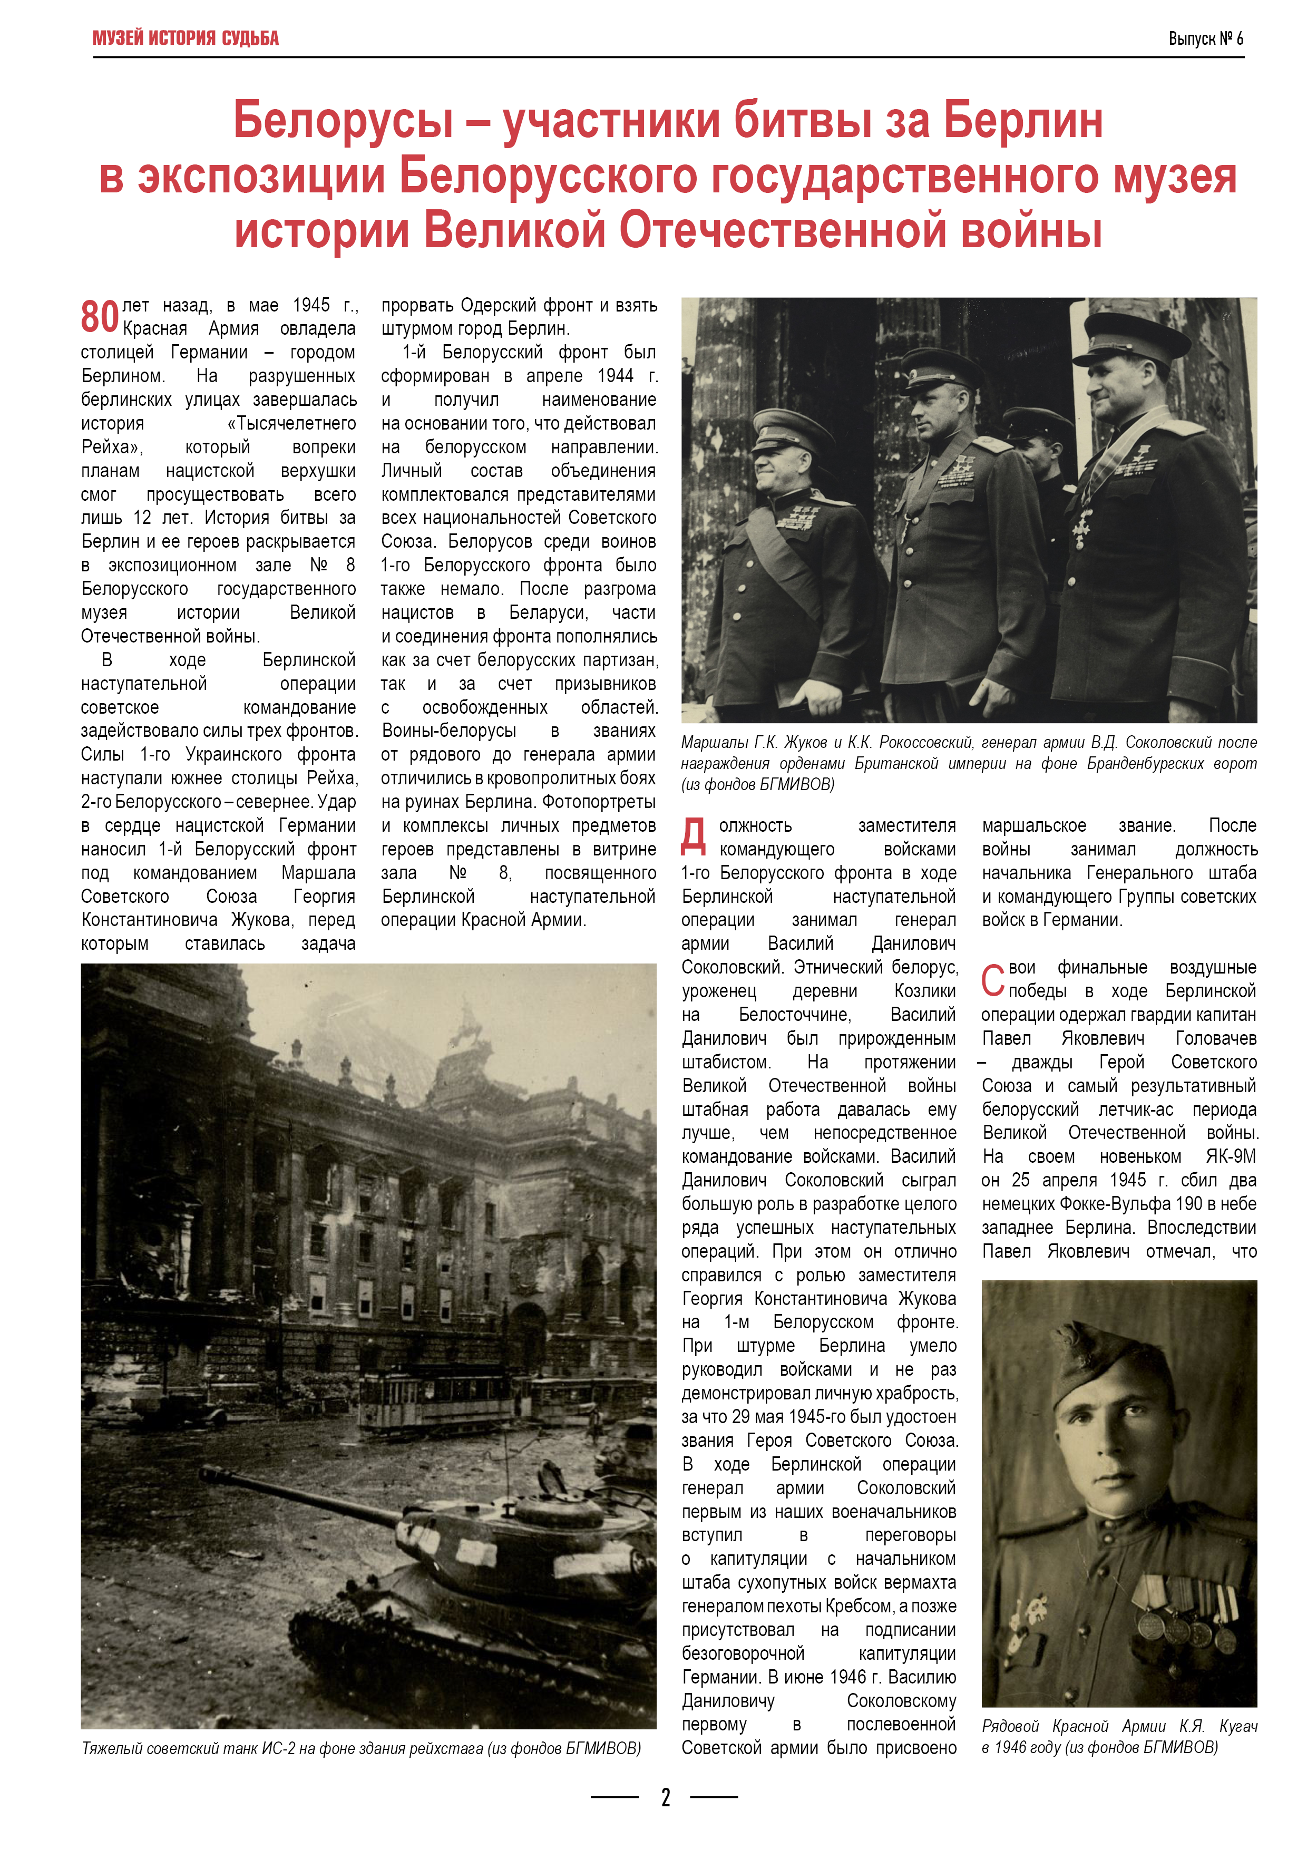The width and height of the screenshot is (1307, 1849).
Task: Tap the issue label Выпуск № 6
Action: [x=1205, y=38]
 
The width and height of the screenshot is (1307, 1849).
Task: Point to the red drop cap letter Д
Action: [x=694, y=836]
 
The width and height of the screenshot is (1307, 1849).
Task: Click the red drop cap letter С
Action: [x=992, y=980]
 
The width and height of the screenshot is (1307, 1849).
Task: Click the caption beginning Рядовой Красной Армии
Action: [x=1118, y=1736]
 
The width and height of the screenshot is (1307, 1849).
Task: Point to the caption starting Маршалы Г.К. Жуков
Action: [x=968, y=763]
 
